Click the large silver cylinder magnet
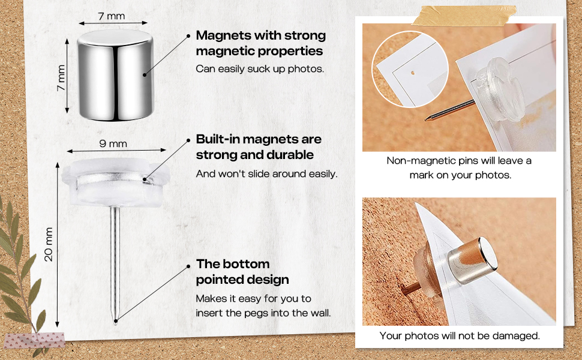tap(115, 75)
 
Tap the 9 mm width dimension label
tap(113, 143)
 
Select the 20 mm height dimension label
tap(49, 245)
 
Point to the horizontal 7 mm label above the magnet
tap(112, 16)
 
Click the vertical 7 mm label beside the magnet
tap(61, 78)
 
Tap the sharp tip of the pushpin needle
tap(115, 323)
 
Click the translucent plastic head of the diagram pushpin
tap(116, 182)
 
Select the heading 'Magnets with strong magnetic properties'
tap(260, 43)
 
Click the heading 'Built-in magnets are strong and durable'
tap(259, 147)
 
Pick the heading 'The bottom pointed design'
tap(242, 272)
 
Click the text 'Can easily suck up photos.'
tap(260, 69)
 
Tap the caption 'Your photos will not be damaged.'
tap(460, 336)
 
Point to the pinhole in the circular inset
tap(412, 73)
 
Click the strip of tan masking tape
tap(464, 16)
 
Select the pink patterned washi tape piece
tap(34, 340)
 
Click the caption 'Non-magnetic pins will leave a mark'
tap(460, 168)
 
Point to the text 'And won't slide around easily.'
tap(266, 174)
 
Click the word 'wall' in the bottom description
tap(319, 313)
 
